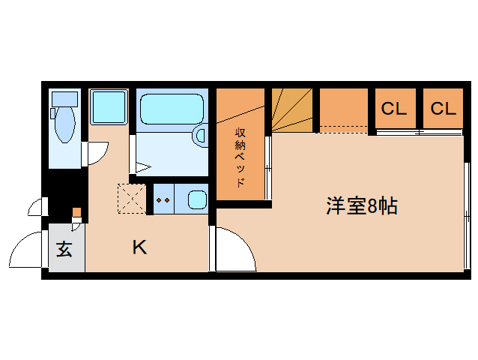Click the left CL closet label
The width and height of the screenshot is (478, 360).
tap(394, 108)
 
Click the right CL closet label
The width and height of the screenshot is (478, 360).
tap(444, 108)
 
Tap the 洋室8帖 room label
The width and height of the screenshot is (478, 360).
tap(362, 206)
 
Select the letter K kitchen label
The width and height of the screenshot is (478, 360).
tap(139, 247)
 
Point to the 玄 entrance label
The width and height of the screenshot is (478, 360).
tap(64, 249)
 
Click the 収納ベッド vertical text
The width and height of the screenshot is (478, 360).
tap(240, 157)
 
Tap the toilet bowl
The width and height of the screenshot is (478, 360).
tap(64, 124)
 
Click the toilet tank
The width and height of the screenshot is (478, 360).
tap(64, 99)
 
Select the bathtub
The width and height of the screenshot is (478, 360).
tap(172, 109)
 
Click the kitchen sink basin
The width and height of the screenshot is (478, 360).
tap(197, 199)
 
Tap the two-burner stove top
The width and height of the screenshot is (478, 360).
tap(163, 199)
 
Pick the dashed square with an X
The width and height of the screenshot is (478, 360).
tap(132, 199)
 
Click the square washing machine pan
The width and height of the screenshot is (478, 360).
tap(109, 106)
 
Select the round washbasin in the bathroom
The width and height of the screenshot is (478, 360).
tap(200, 136)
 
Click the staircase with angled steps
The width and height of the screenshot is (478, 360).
tap(292, 110)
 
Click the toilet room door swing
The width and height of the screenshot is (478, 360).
tap(97, 153)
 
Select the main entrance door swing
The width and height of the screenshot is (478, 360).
tap(25, 249)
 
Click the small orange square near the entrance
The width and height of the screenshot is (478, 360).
tap(77, 211)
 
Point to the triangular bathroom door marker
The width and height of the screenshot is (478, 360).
tap(143, 167)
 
